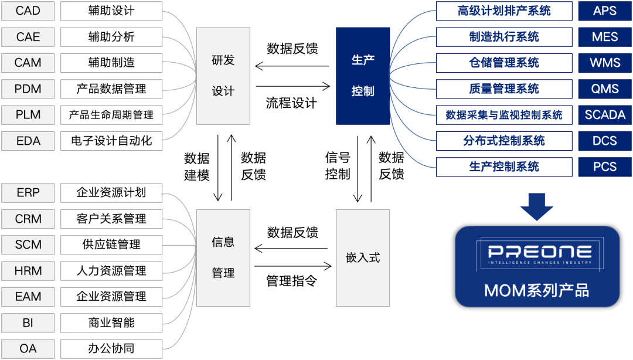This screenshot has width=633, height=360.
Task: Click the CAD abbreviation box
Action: tap(28, 11)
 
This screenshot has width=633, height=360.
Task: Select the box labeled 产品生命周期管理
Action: tap(111, 115)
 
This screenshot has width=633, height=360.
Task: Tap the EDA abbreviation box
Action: tap(28, 141)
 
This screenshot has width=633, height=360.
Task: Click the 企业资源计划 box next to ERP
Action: tap(111, 193)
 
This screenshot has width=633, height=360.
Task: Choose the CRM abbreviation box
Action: tap(28, 219)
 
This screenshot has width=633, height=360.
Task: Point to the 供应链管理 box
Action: tap(111, 244)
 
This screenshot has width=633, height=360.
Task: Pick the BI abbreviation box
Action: tap(28, 322)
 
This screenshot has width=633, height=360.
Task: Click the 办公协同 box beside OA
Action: tap(111, 348)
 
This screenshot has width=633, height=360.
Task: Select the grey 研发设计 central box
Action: tap(223, 76)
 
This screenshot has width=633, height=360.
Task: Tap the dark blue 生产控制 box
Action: tap(363, 76)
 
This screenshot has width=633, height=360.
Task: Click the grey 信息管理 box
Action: tap(223, 257)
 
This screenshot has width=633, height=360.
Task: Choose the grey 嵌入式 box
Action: tap(363, 257)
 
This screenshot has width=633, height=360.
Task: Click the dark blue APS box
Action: tap(605, 11)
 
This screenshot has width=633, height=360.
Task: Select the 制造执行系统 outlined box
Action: tap(504, 37)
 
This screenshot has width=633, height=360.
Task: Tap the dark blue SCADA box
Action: tap(605, 115)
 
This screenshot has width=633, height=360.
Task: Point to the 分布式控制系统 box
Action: tap(504, 141)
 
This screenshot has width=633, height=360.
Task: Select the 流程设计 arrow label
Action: tap(291, 103)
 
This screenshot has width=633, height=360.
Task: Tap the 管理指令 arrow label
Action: tap(291, 281)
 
